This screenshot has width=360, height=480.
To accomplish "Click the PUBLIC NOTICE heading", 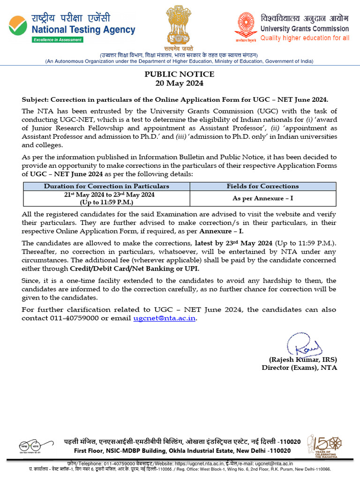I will pos(180,74).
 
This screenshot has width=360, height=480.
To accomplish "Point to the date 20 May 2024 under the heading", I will pos(180,83).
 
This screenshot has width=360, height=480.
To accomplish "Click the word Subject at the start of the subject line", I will pos(35,100).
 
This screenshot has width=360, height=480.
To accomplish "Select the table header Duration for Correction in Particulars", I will pos(106,186).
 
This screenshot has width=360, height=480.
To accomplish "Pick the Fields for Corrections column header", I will pos(262,186).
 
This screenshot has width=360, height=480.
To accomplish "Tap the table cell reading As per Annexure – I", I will pos(262,198).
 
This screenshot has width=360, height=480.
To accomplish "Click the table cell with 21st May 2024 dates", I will pos(106,198).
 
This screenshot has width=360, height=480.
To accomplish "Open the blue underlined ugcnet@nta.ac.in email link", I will pos(165,318).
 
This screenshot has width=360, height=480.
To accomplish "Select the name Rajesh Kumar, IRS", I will pos(302,360).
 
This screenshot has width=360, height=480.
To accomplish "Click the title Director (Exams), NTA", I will pos(299,367).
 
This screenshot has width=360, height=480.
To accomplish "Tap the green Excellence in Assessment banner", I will pos(57,40).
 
